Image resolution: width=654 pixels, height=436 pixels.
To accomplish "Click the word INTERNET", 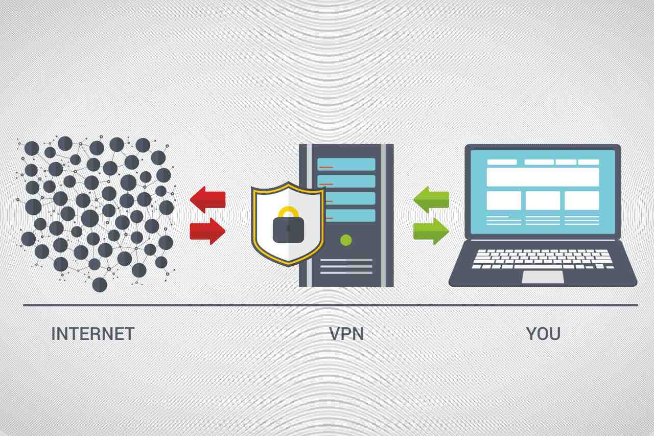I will pyautogui.click(x=92, y=334).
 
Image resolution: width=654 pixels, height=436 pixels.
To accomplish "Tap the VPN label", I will pyautogui.click(x=346, y=334).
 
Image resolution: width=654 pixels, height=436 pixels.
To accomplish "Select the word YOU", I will pyautogui.click(x=543, y=334).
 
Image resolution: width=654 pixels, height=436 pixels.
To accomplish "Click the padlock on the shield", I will pyautogui.click(x=288, y=228).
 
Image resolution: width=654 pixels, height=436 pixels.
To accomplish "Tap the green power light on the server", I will pyautogui.click(x=346, y=240).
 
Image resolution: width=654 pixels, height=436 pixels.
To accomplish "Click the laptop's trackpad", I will pyautogui.click(x=543, y=277).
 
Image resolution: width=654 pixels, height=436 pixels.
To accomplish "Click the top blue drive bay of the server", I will pyautogui.click(x=346, y=164).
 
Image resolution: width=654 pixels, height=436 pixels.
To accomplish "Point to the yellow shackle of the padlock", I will pyautogui.click(x=288, y=212).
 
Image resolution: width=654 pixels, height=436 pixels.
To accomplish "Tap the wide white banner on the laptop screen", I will pyautogui.click(x=543, y=177).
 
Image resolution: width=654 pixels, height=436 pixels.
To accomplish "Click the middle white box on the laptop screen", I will pyautogui.click(x=543, y=200).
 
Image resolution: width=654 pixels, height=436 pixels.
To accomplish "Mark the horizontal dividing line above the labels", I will pyautogui.click(x=330, y=305).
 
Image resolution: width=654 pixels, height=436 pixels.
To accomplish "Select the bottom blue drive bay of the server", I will pyautogui.click(x=346, y=215).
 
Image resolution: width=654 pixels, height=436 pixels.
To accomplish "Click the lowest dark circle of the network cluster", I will pyautogui.click(x=100, y=285).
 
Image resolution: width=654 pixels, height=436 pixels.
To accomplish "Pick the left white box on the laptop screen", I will pyautogui.click(x=504, y=200).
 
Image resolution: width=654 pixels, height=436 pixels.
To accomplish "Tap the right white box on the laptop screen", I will pyautogui.click(x=581, y=200).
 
